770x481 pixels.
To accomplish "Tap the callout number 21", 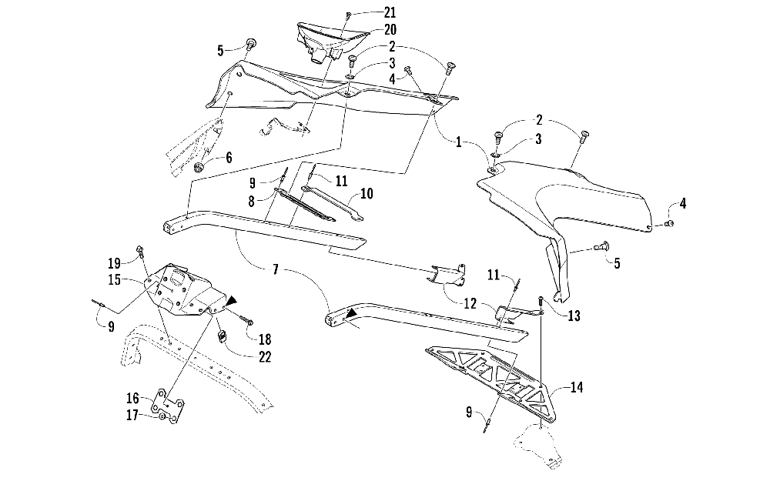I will click(x=390, y=13).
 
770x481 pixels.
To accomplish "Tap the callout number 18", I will click(x=266, y=339).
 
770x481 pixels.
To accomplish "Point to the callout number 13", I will click(x=574, y=315).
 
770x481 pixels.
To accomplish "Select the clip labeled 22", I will click(x=221, y=336).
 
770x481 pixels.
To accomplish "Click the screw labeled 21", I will click(x=348, y=15).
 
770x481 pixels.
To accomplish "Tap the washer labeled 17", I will click(x=163, y=416).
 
